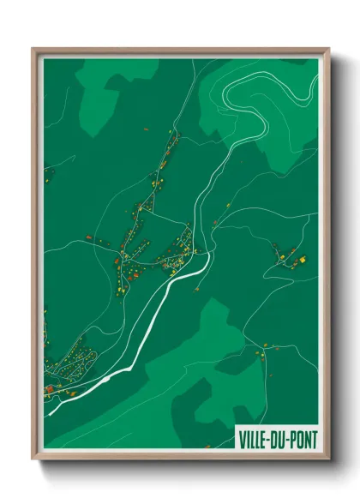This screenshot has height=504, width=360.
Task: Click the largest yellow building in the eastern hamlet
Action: point(301,258)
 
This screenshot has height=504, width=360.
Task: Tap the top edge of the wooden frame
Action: point(180,51)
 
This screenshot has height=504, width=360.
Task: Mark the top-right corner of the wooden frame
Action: point(327,50)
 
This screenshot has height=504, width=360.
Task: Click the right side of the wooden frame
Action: point(327,257)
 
